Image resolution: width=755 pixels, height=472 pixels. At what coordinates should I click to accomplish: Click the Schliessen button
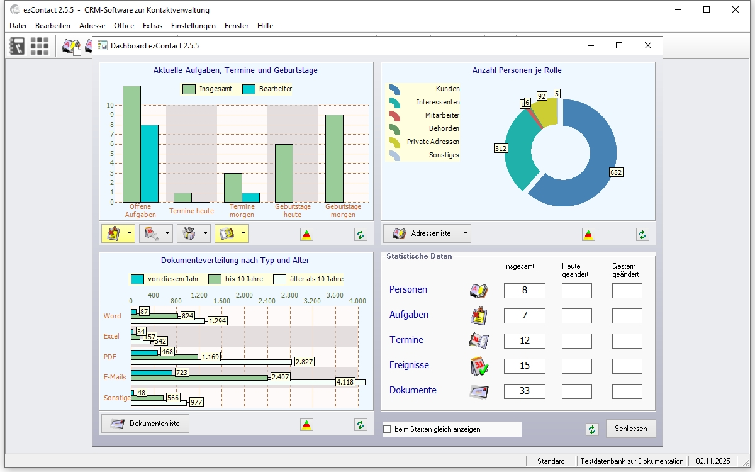630,429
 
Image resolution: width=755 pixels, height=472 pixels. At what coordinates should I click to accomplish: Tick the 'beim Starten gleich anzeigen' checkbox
388,429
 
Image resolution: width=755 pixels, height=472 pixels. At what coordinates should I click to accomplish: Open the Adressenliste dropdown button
427,233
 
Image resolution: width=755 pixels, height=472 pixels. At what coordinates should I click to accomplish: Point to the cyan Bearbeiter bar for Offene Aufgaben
149,163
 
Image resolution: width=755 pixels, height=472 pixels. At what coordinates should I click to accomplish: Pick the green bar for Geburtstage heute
284,173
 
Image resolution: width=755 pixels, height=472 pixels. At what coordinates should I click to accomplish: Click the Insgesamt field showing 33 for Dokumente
524,391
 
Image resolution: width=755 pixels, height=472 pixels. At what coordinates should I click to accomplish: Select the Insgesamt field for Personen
524,290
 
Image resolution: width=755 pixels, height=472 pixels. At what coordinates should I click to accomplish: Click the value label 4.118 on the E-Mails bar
345,381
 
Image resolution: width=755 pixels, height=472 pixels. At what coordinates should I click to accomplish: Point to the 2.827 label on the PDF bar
304,361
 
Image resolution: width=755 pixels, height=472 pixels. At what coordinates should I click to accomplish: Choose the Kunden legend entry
447,89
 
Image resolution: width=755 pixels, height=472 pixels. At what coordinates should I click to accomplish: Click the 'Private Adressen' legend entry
433,142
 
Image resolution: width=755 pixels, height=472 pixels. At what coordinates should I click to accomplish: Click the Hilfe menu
265,26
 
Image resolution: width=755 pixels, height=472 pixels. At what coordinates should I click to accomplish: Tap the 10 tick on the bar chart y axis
111,106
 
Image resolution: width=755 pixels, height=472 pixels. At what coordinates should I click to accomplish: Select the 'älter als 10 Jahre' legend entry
316,279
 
